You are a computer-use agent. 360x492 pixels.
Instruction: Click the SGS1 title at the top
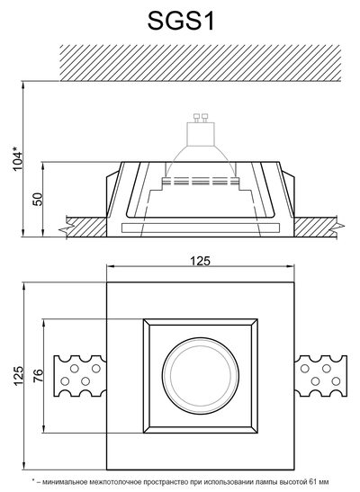(x=181, y=21)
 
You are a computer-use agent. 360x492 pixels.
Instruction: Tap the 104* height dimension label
(x=18, y=158)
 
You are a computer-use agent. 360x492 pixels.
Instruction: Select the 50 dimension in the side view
(x=38, y=200)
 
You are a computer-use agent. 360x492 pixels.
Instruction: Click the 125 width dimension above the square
(x=200, y=261)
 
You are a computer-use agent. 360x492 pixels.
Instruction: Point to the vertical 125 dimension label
(x=19, y=376)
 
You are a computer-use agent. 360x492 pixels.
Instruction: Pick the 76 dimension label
(x=38, y=376)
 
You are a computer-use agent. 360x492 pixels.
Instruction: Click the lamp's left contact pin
(x=197, y=118)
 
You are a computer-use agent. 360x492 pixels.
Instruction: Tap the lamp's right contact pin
(x=205, y=118)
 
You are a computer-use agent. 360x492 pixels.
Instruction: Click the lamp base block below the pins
(x=201, y=134)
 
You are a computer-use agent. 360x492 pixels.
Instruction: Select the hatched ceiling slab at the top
(x=200, y=63)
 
